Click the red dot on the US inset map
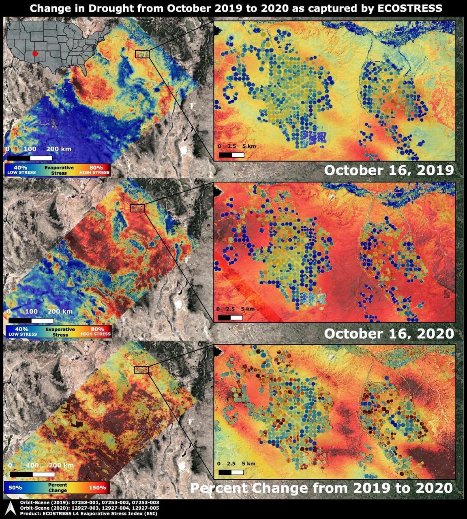pos(35,54)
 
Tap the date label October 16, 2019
pos(389,170)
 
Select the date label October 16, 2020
pos(389,334)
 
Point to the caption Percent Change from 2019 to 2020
pos(321,488)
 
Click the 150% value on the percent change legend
pos(97,488)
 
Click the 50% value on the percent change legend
pos(15,488)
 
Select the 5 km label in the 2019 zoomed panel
pos(249,146)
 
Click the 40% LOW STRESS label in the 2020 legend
pos(22,332)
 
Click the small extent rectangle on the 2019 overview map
pos(142,54)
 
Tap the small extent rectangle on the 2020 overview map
pos(137,208)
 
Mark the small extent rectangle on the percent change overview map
pos(141,370)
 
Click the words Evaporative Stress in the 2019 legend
pos(59,170)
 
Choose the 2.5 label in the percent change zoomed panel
pos(231,463)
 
